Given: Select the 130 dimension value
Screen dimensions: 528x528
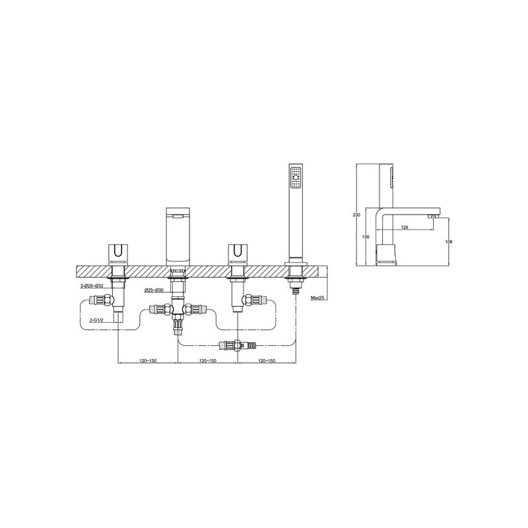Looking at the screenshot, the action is coord(366,237).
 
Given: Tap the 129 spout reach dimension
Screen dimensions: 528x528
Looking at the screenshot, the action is coord(405,228).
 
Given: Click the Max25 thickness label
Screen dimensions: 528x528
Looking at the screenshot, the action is coord(317,298).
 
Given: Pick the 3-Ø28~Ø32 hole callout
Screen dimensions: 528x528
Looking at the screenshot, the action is coord(91,286).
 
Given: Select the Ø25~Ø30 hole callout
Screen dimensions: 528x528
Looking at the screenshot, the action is coord(154,290).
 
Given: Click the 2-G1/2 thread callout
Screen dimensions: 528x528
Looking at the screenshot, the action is coord(96,321).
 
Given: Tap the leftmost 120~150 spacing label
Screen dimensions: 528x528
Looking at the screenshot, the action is coord(148,360).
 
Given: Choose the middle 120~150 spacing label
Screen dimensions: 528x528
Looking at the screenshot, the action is coord(208,360).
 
